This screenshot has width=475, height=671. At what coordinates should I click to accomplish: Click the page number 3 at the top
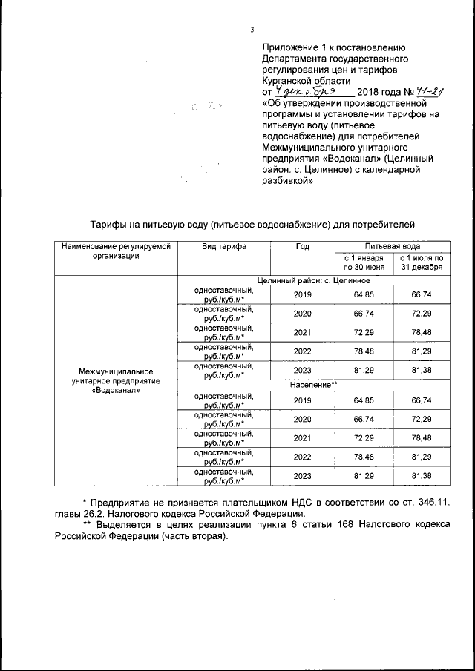pyautogui.click(x=252, y=30)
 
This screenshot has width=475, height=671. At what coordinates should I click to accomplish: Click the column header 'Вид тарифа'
pyautogui.click(x=223, y=246)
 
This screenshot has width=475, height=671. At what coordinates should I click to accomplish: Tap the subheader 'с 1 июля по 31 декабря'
pyautogui.click(x=422, y=262)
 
